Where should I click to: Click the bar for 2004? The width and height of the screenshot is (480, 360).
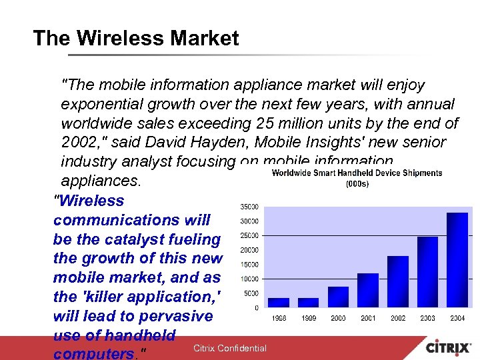tap(457, 260)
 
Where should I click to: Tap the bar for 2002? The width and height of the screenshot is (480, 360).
tap(398, 281)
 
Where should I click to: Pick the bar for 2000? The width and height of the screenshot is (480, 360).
tap(338, 297)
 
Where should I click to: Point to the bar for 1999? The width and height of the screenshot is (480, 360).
tap(308, 302)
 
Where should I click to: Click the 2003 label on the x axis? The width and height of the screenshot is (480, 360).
tap(428, 319)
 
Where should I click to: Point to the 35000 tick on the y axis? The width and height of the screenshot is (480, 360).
tap(251, 207)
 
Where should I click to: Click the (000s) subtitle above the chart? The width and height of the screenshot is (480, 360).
tap(357, 183)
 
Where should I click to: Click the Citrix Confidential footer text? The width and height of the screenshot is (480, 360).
tap(229, 348)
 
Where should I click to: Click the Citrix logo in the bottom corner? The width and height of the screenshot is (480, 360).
tap(449, 348)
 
